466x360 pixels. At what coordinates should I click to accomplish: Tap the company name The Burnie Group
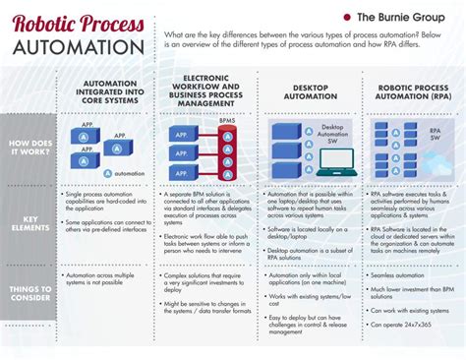(x=402, y=18)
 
